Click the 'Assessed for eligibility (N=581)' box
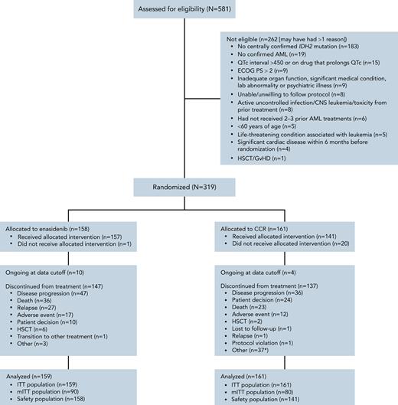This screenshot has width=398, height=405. coord(197,8)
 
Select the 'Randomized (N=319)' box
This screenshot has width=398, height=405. coord(197,188)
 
